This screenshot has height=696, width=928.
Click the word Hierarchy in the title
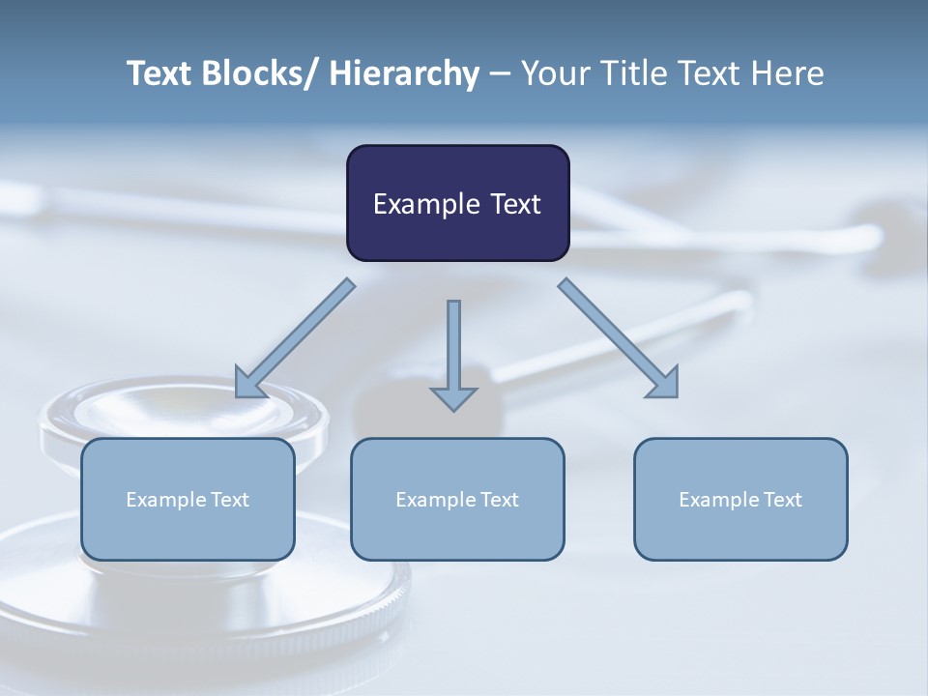tap(404, 73)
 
